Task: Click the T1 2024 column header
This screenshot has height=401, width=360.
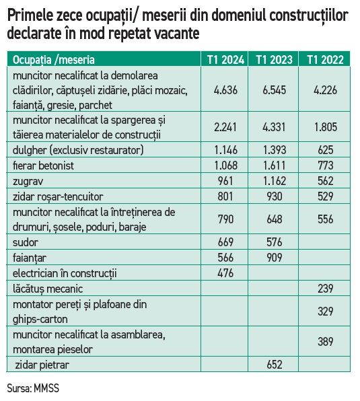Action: point(225,60)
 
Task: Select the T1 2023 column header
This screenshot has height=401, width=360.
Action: point(274,60)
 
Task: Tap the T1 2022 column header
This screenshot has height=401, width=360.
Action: point(325,60)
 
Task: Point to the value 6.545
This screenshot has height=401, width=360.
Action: point(274,90)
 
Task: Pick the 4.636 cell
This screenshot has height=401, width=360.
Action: point(225,90)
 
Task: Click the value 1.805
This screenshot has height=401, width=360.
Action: point(326,127)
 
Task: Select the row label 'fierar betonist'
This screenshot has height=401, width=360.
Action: point(43,166)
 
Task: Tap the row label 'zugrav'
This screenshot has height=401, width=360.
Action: point(28,182)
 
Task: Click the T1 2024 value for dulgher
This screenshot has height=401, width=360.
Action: point(225,150)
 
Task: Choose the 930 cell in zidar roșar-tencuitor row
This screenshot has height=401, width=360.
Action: point(275,196)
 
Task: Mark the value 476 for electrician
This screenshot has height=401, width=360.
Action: point(225,273)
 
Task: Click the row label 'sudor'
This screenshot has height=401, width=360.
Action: point(26,242)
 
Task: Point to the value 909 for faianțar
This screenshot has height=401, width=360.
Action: point(275,258)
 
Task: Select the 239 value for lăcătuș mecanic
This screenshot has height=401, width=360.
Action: point(326,289)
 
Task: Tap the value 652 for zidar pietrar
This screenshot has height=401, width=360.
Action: point(275,365)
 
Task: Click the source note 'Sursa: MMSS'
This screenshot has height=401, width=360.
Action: point(33,388)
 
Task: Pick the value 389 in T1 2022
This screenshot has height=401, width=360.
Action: point(326,341)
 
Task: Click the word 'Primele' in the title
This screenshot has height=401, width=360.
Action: point(29,16)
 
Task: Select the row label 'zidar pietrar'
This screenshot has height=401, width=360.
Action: point(42,365)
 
